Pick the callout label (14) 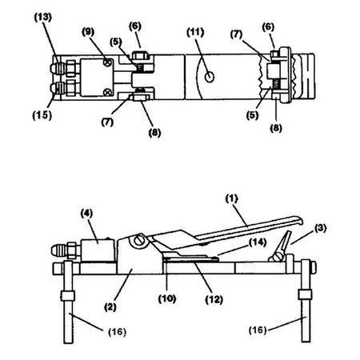pyautogui.click(x=257, y=242)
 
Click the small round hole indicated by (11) pyautogui.click(x=208, y=77)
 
